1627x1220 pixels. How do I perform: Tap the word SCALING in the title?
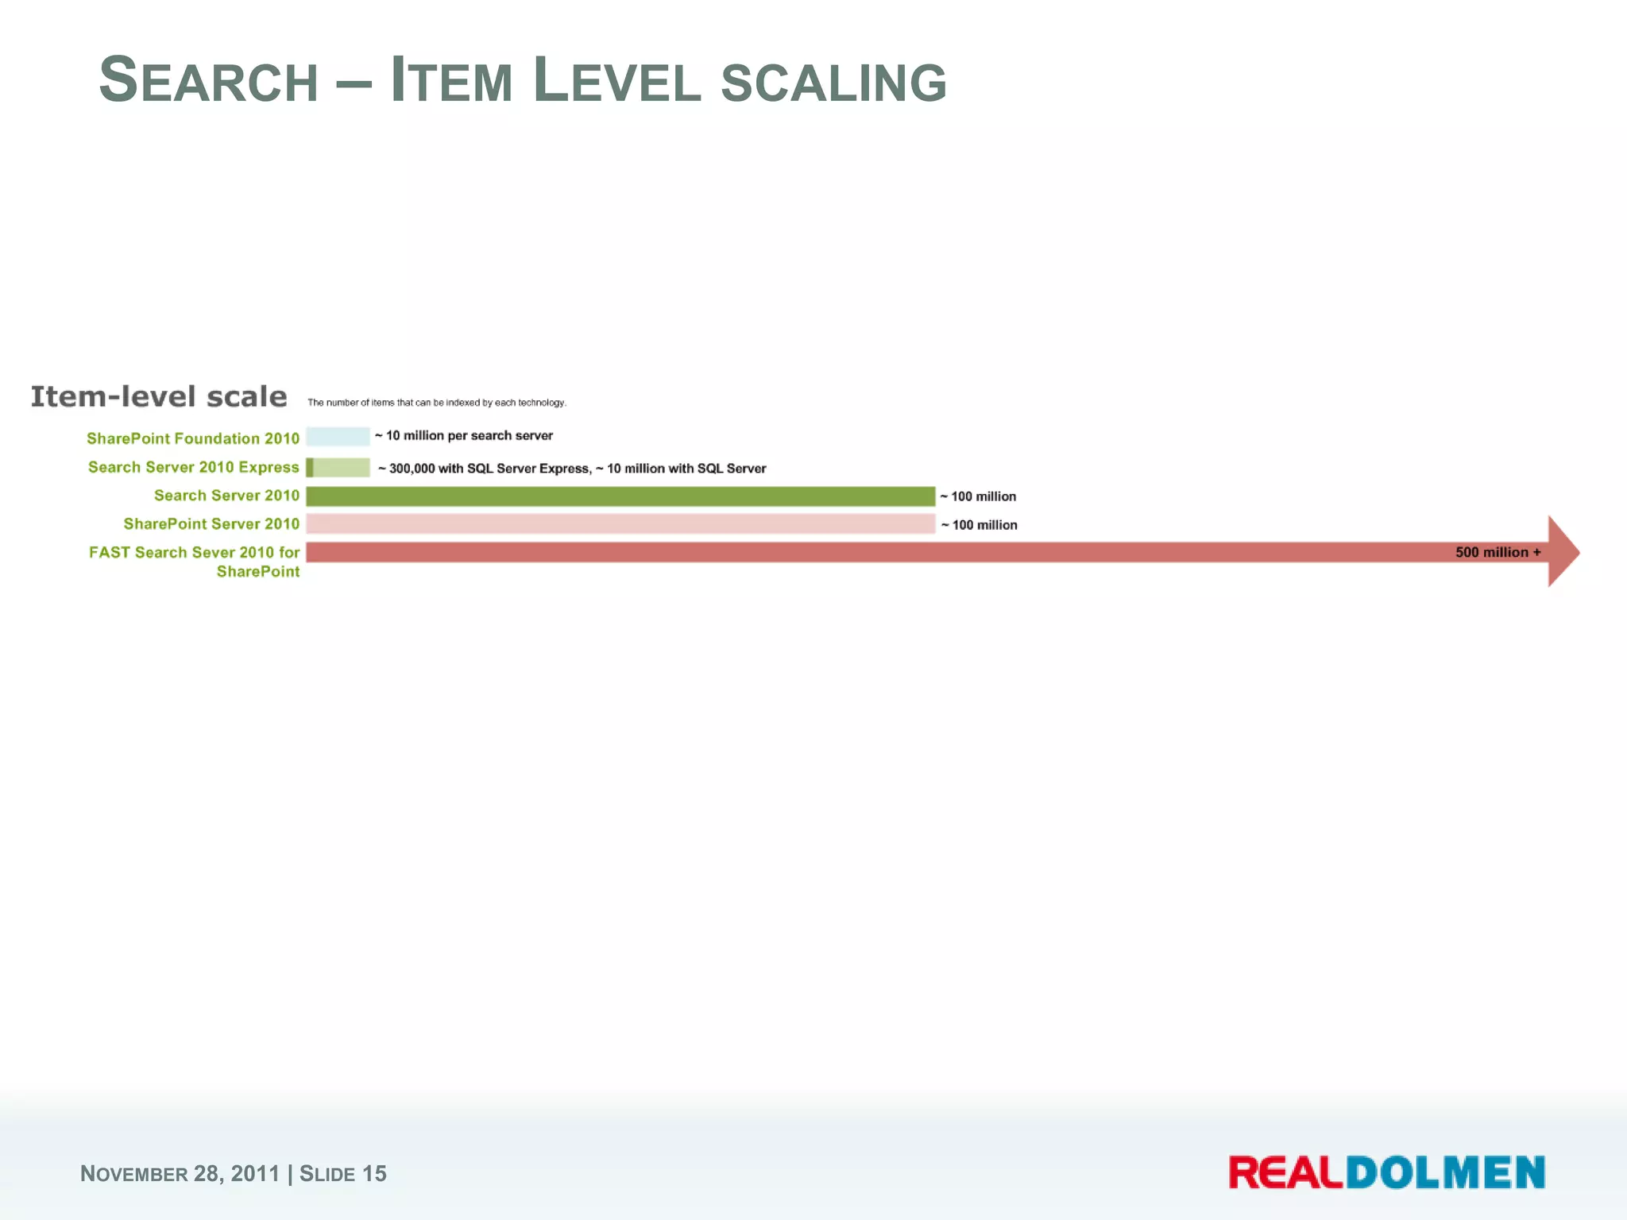point(833,83)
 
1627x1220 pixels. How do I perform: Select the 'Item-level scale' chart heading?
point(159,396)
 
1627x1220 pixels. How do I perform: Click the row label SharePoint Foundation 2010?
point(193,438)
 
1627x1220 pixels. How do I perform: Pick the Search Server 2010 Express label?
point(193,467)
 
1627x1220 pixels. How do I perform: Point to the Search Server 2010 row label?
point(226,496)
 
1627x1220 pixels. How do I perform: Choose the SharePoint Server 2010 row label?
point(211,524)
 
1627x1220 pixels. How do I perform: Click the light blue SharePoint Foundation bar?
point(338,436)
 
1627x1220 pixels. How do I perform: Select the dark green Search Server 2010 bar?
point(620,496)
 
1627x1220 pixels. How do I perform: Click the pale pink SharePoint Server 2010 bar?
point(620,524)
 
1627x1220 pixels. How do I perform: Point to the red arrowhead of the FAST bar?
point(1563,552)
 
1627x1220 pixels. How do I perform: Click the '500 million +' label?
point(1498,552)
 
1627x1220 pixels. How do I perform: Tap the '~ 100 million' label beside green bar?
point(978,496)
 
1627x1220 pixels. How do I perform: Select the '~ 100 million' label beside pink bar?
point(979,525)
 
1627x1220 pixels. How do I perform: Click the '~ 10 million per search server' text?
point(464,435)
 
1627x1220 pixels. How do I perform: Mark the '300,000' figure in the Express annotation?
point(412,469)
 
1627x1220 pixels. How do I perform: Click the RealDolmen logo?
point(1386,1172)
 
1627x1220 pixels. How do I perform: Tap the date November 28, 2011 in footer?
point(180,1173)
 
